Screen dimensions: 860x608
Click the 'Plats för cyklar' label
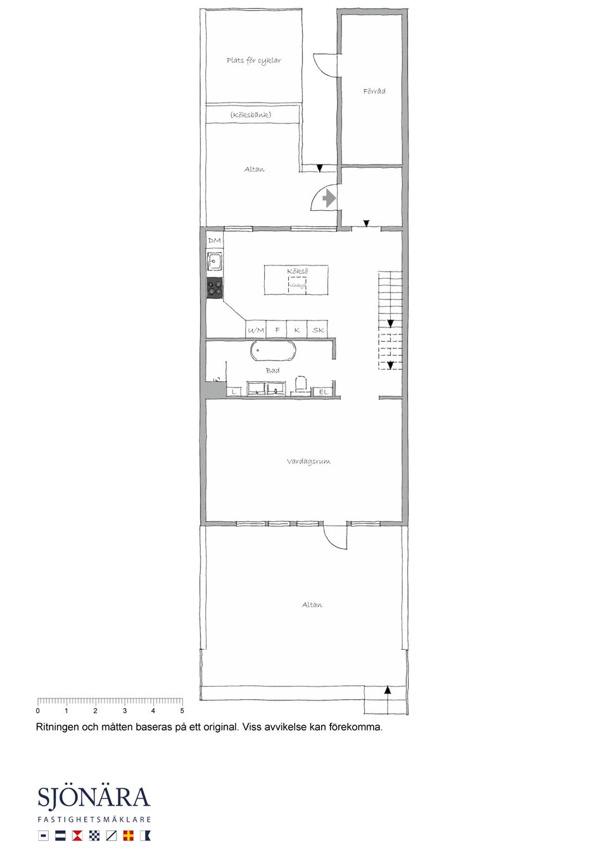(253, 61)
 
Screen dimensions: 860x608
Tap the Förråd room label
(374, 91)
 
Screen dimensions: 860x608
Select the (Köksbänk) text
(251, 115)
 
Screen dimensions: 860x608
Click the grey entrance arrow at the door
(329, 198)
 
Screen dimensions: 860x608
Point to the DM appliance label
(215, 241)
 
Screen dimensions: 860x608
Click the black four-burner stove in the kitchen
(215, 288)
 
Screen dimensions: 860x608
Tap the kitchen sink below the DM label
(215, 261)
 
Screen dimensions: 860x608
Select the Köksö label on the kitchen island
(297, 271)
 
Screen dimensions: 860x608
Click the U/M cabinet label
(256, 330)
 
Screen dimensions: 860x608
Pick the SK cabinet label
(318, 330)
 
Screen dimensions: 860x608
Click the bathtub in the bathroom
(273, 350)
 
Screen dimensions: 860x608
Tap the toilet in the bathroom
(301, 384)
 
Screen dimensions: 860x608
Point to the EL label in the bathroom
(324, 392)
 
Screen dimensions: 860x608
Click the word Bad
(272, 370)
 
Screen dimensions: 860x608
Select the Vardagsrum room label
(308, 462)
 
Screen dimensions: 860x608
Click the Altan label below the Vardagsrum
(312, 605)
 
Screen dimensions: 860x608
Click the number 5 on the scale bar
(182, 711)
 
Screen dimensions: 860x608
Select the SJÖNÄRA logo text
(94, 797)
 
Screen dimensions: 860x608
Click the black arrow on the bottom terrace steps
(388, 690)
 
